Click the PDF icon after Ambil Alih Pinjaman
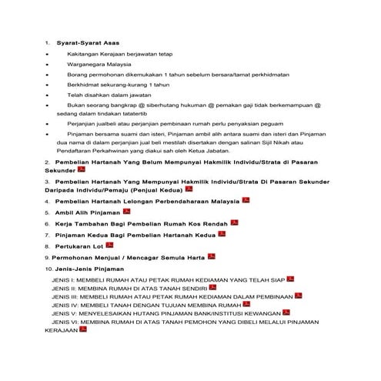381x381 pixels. click(x=127, y=210)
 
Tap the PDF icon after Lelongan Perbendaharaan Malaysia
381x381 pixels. click(x=246, y=199)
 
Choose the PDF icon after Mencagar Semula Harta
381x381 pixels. click(x=212, y=256)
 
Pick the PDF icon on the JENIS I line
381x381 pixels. click(x=291, y=280)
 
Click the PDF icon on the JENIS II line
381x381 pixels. click(x=212, y=289)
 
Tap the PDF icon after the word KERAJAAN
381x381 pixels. click(x=83, y=329)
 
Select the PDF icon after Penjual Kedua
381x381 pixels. click(x=189, y=187)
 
